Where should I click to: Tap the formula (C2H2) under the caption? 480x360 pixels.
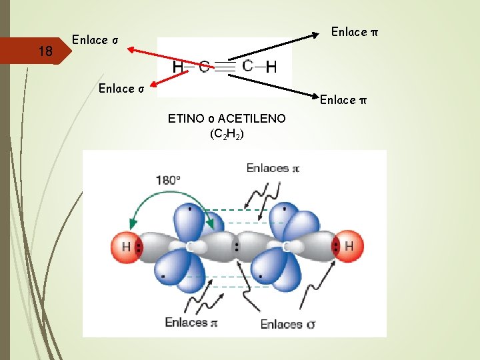[x=227, y=134]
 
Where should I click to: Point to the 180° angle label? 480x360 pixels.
[x=167, y=180]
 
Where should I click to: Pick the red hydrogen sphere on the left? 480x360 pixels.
[x=125, y=247]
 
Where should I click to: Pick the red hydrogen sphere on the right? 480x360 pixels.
[x=348, y=247]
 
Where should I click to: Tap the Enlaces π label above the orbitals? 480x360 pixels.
[x=273, y=168]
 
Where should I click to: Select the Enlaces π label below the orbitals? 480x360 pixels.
[x=192, y=323]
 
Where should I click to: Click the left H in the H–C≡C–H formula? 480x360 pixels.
[x=178, y=67]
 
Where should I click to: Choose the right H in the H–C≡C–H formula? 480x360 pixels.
[x=271, y=67]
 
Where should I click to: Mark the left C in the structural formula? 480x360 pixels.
[x=203, y=67]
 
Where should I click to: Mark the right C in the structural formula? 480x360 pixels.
[x=247, y=65]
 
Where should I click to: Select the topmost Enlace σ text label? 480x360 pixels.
[x=95, y=40]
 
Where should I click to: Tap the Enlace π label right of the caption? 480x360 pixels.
[x=343, y=100]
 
